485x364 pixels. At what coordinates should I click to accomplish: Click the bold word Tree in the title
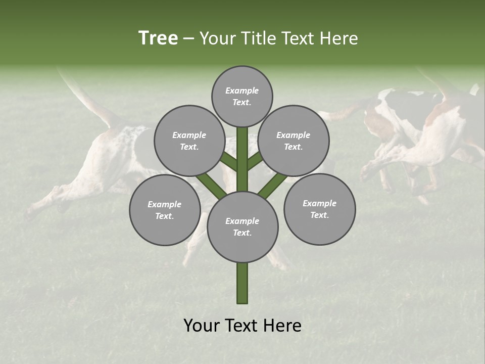(x=158, y=38)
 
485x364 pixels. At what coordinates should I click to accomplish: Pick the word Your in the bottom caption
(x=203, y=326)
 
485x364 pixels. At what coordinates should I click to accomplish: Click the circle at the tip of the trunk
(x=242, y=96)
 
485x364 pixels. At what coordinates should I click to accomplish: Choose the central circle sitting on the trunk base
(x=243, y=226)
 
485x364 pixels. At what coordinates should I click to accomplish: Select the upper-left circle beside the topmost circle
(x=189, y=141)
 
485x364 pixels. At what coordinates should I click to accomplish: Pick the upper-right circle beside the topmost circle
(x=294, y=141)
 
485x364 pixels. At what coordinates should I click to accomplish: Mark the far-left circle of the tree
(x=165, y=210)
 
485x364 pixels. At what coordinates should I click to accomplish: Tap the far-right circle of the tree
(x=319, y=209)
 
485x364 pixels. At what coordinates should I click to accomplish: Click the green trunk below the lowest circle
(x=243, y=283)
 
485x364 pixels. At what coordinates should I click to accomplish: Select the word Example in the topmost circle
(x=242, y=90)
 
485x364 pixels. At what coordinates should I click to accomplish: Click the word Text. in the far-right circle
(x=319, y=215)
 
